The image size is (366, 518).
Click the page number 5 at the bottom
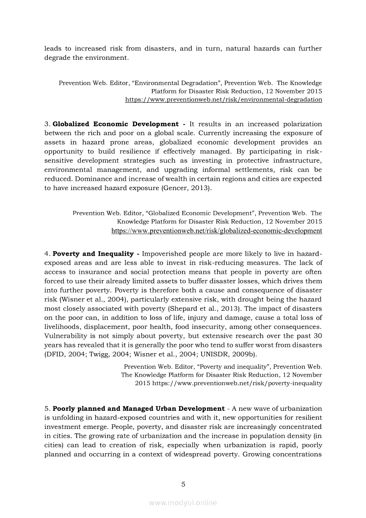tap(183, 484)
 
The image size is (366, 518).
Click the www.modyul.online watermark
tap(183, 502)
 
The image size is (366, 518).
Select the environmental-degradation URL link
tap(223, 100)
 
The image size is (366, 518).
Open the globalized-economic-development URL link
tap(217, 231)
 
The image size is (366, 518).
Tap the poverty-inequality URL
tap(237, 383)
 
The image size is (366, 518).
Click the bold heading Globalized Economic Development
tap(116, 124)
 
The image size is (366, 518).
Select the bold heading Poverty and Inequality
tap(93, 253)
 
